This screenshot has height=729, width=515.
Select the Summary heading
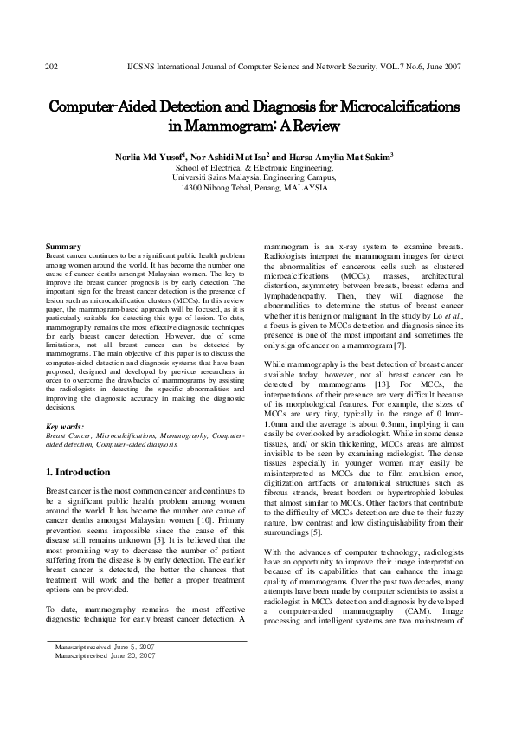click(62, 248)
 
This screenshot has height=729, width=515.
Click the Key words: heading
click(65, 427)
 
